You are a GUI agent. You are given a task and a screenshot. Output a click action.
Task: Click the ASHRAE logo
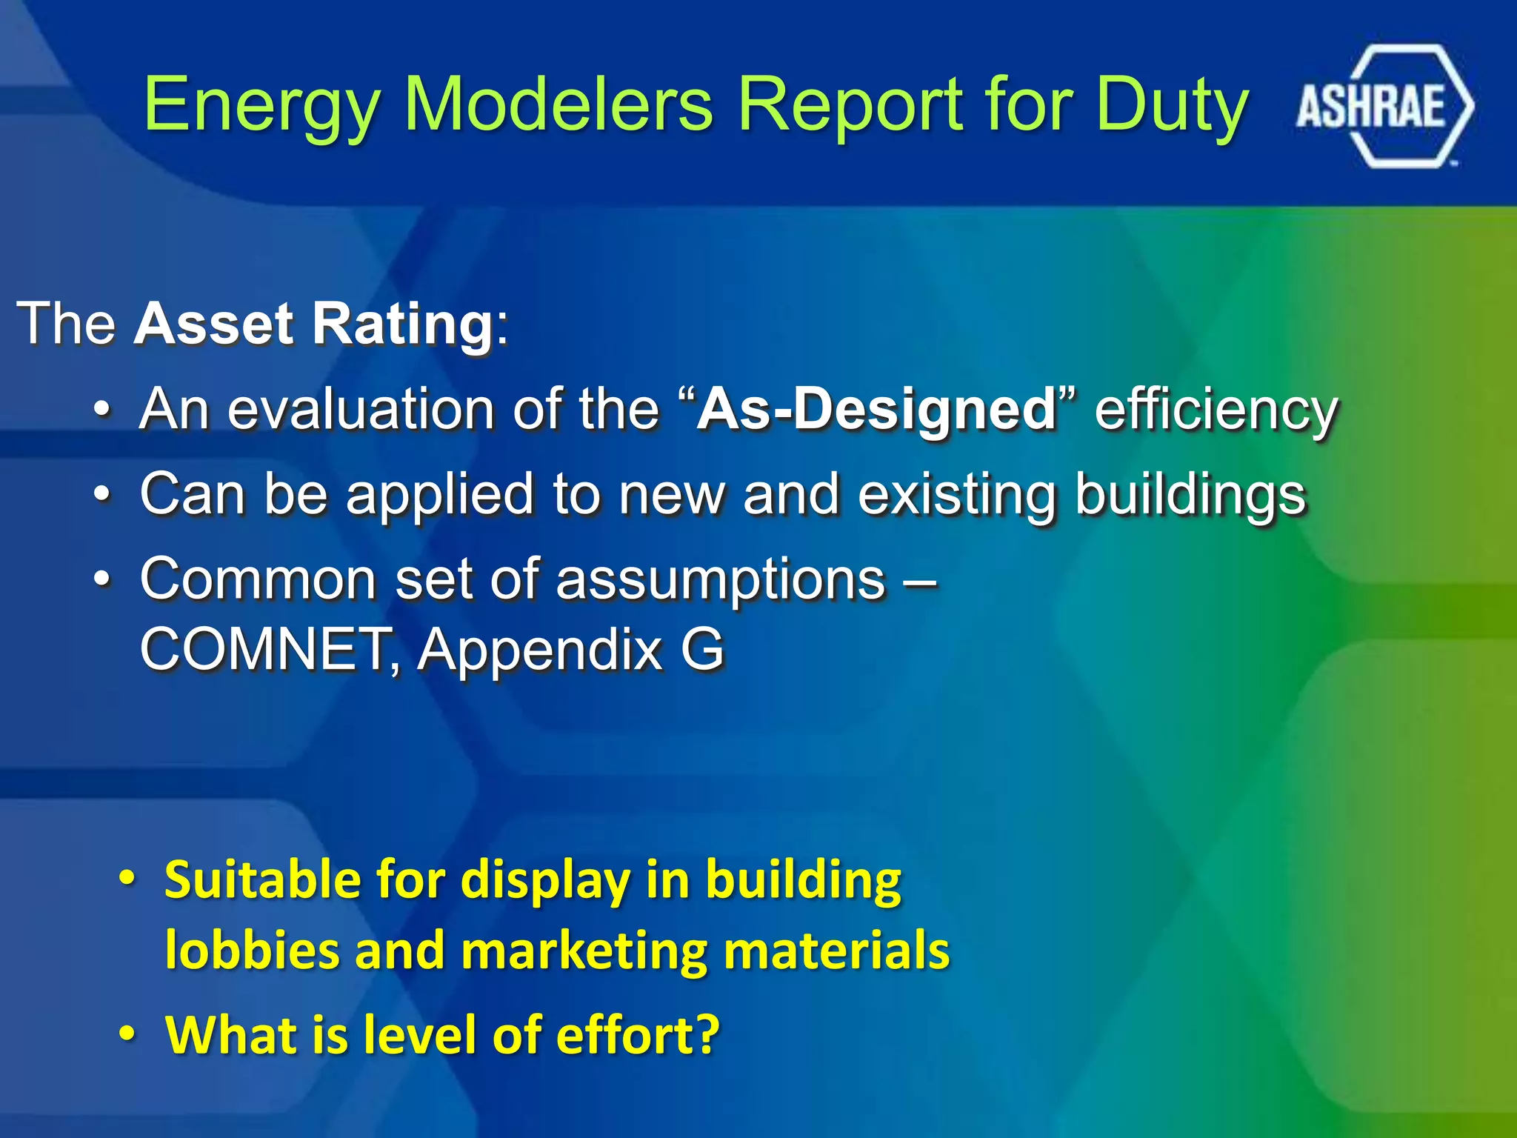[1384, 106]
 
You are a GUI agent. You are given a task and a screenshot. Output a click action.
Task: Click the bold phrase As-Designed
[877, 409]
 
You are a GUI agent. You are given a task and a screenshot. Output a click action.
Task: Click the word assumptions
[720, 579]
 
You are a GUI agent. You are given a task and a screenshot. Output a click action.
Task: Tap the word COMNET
[264, 650]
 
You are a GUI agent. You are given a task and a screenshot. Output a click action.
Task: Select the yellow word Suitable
[263, 880]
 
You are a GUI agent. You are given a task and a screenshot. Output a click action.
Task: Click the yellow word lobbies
[252, 951]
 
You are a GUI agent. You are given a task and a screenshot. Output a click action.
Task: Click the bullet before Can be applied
[103, 493]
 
